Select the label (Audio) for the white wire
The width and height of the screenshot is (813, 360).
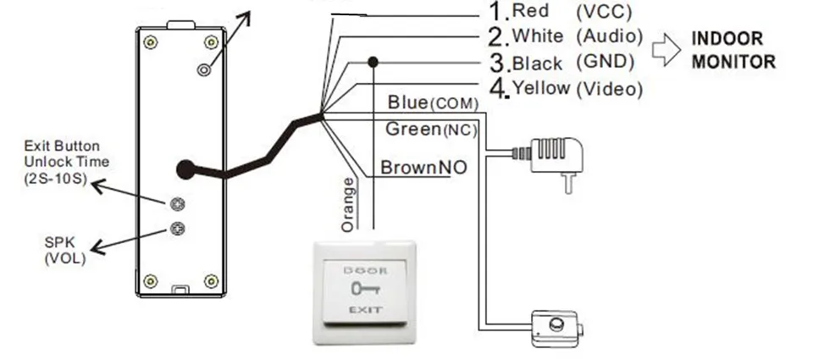tap(610, 36)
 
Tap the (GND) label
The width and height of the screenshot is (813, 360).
tap(606, 62)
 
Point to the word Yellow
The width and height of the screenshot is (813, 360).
tap(541, 88)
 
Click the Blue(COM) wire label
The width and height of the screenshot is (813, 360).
tap(433, 102)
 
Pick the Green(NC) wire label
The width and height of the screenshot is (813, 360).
tap(431, 129)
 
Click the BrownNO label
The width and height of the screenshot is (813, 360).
tap(423, 168)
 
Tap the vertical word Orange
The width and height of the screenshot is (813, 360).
tap(348, 204)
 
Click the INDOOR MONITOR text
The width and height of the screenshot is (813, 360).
tap(733, 50)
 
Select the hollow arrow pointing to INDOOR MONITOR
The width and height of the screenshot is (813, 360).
tap(666, 50)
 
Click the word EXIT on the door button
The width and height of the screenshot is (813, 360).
tap(366, 310)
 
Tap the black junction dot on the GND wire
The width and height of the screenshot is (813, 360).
tap(373, 62)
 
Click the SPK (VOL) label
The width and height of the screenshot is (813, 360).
tap(65, 251)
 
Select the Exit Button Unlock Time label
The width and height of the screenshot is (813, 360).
tap(66, 163)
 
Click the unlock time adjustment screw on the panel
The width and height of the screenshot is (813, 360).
tap(177, 204)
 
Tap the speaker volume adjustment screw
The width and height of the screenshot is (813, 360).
tap(177, 228)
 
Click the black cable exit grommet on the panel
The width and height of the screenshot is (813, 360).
tap(185, 169)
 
